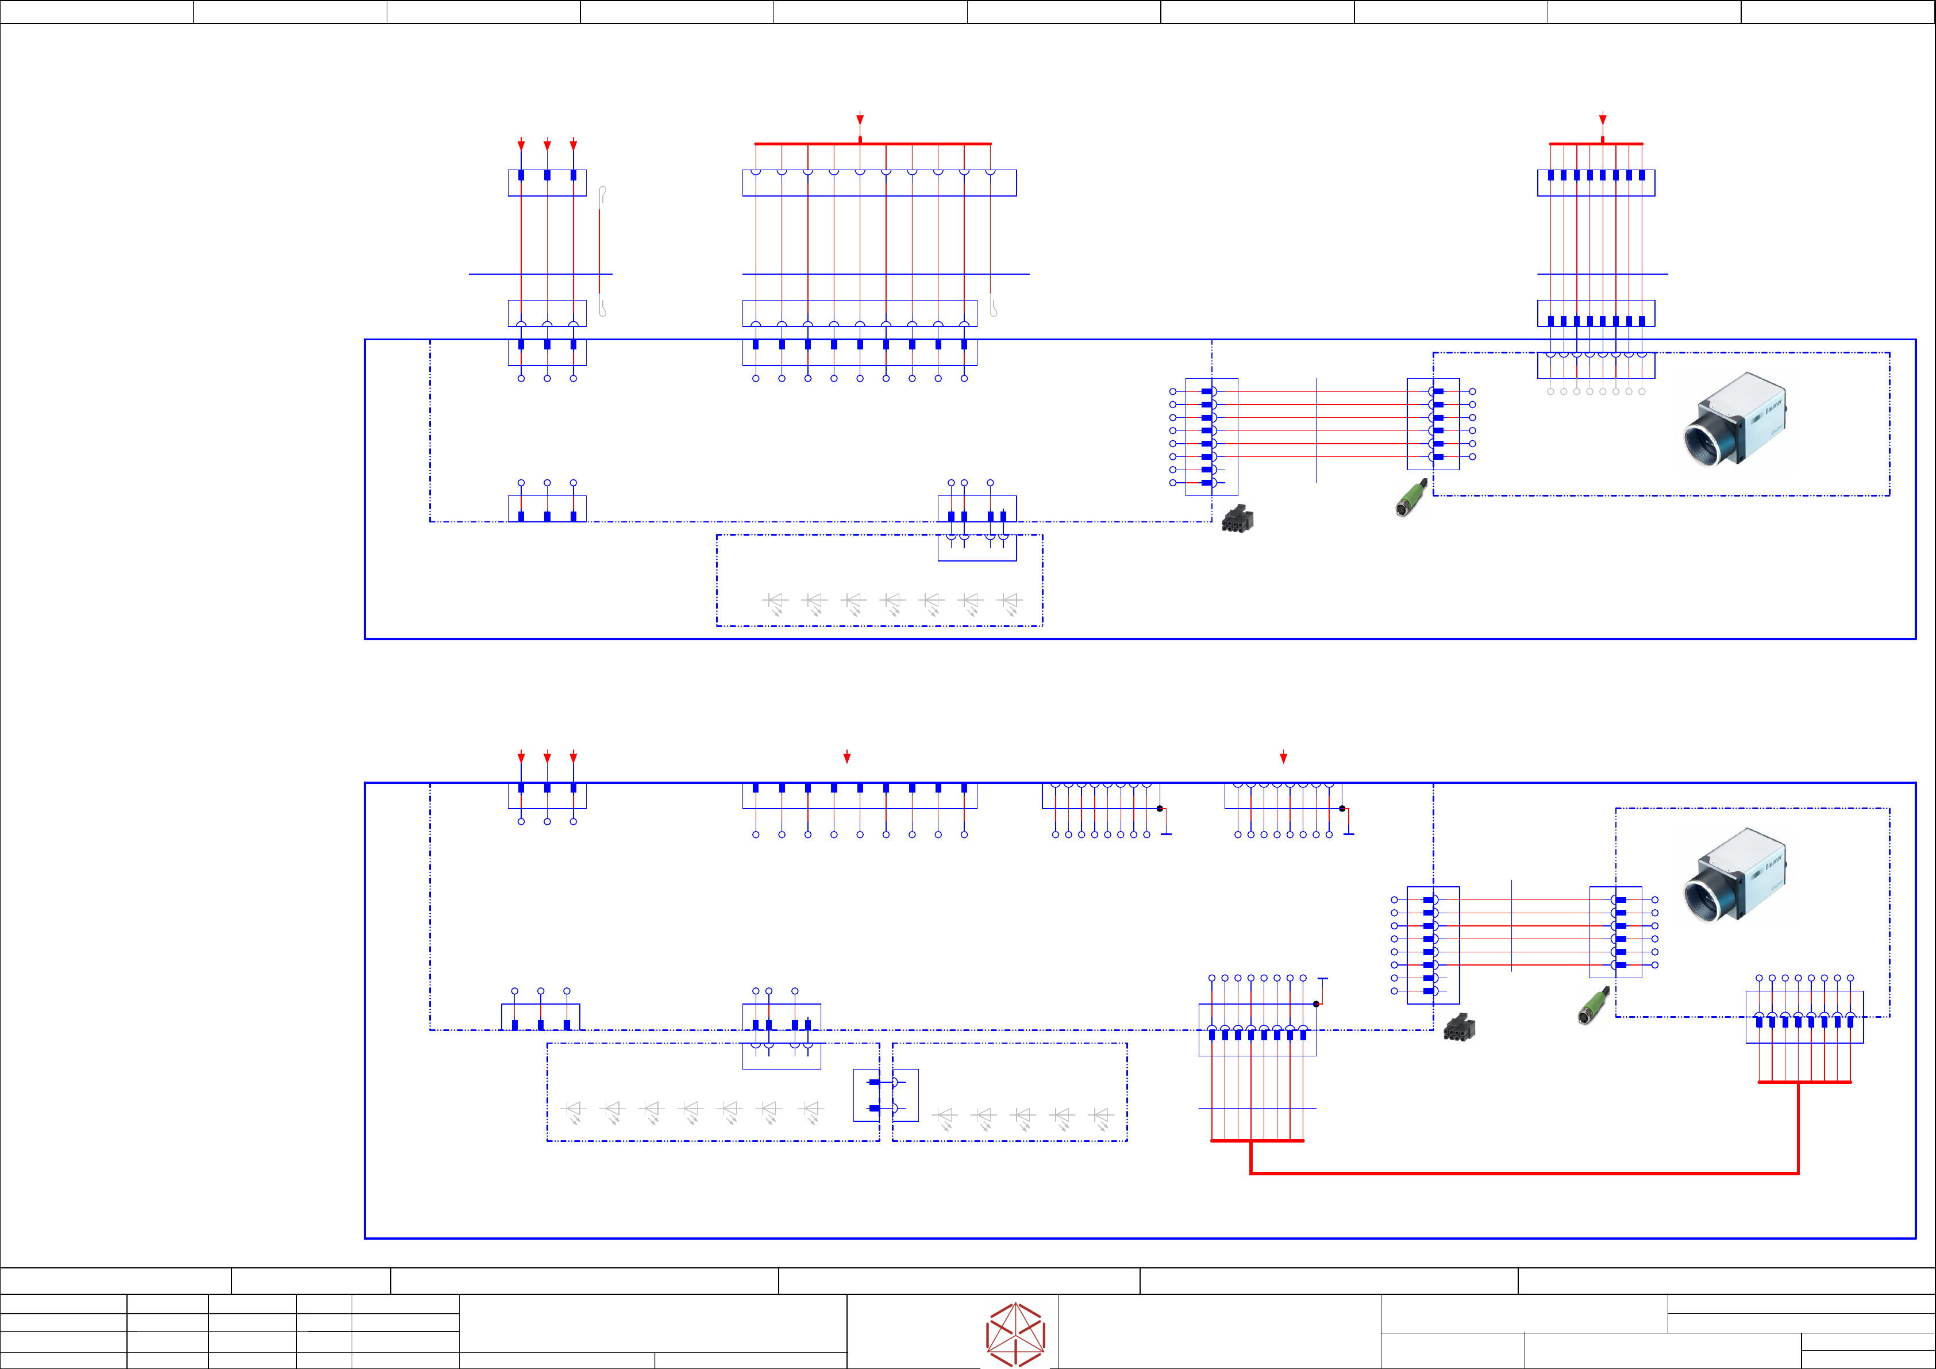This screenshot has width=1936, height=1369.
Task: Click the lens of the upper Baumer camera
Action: [x=1703, y=439]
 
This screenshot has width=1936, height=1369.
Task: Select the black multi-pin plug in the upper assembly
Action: [x=1237, y=519]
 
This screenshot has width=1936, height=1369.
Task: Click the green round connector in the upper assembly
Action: [x=1410, y=498]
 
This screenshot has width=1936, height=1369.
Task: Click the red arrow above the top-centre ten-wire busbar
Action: [x=860, y=119]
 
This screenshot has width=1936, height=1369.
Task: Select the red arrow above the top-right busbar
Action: [x=1603, y=119]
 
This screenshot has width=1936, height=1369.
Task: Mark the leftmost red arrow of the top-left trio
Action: [x=521, y=144]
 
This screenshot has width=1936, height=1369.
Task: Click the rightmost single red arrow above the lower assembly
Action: [x=1283, y=757]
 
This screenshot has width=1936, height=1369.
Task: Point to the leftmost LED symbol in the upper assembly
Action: [x=775, y=601]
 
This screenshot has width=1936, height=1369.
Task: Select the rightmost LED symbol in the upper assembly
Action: [x=1010, y=601]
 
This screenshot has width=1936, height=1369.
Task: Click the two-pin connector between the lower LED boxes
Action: [x=886, y=1095]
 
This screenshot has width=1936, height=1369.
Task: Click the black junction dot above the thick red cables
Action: [x=1317, y=1004]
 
